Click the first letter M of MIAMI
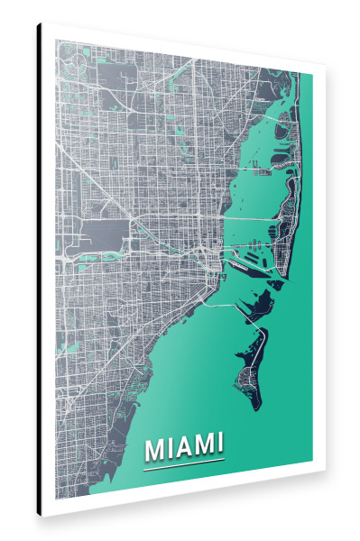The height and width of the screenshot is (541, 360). point(154,446)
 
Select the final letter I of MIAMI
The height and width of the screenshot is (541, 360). point(218,444)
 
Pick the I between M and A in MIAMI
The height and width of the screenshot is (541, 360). point(170,446)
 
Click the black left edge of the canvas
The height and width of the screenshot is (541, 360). point(40,270)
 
